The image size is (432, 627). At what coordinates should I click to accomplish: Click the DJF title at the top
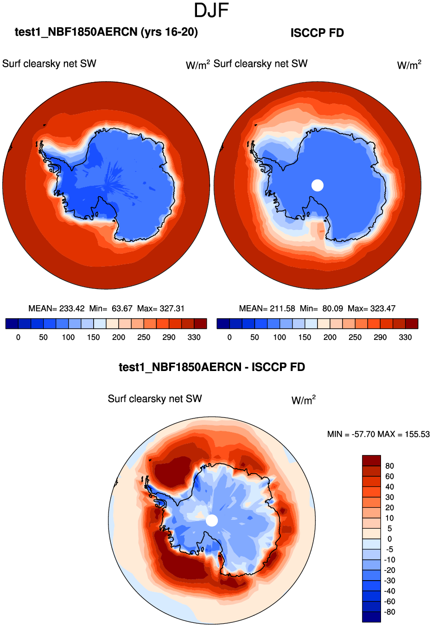[x=211, y=10]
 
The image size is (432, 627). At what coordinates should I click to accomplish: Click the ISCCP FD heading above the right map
[x=317, y=33]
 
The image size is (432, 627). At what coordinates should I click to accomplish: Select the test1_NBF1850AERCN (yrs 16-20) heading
[x=106, y=32]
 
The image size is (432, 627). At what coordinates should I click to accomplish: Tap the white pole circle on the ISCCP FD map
[x=318, y=185]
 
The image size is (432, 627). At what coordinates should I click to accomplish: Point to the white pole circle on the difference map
[x=212, y=520]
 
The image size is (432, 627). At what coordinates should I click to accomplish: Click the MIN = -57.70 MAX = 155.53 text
[x=378, y=435]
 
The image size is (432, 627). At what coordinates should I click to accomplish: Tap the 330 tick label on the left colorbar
[x=194, y=338]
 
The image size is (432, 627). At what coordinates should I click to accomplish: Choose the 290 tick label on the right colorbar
[x=380, y=338]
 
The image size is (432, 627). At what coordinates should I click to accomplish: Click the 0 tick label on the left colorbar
[x=18, y=338]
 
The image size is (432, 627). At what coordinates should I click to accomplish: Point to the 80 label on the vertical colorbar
[x=389, y=466]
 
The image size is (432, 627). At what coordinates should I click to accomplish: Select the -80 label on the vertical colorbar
[x=389, y=612]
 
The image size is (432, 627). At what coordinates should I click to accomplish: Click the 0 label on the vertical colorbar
[x=389, y=539]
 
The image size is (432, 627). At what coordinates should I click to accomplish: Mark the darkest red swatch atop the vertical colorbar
[x=371, y=461]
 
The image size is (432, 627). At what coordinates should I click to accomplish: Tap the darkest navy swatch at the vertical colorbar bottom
[x=371, y=617]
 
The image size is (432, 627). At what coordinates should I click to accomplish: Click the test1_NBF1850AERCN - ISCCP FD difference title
[x=212, y=367]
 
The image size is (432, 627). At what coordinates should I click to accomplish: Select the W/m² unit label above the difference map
[x=304, y=400]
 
